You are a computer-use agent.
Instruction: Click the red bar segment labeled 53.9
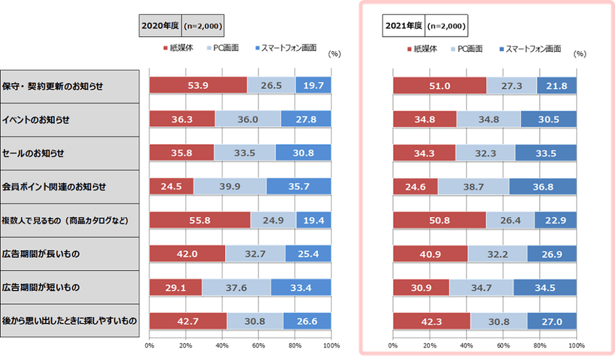tap(198, 85)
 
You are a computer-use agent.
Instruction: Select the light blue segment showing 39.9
tap(230, 187)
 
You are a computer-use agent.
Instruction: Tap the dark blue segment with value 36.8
tap(542, 187)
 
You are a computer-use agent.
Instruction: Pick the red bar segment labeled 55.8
tap(200, 220)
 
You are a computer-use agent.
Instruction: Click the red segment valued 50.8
tap(439, 220)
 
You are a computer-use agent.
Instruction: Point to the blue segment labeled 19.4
tap(313, 220)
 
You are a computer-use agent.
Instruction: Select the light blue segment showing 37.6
tap(236, 287)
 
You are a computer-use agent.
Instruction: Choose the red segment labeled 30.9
tap(421, 287)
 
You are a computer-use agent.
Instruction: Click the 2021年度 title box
tap(403, 27)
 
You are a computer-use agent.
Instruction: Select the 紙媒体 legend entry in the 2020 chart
tap(178, 48)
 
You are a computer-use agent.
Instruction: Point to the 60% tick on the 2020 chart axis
tap(258, 345)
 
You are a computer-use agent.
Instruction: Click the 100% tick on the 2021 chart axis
tap(576, 345)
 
